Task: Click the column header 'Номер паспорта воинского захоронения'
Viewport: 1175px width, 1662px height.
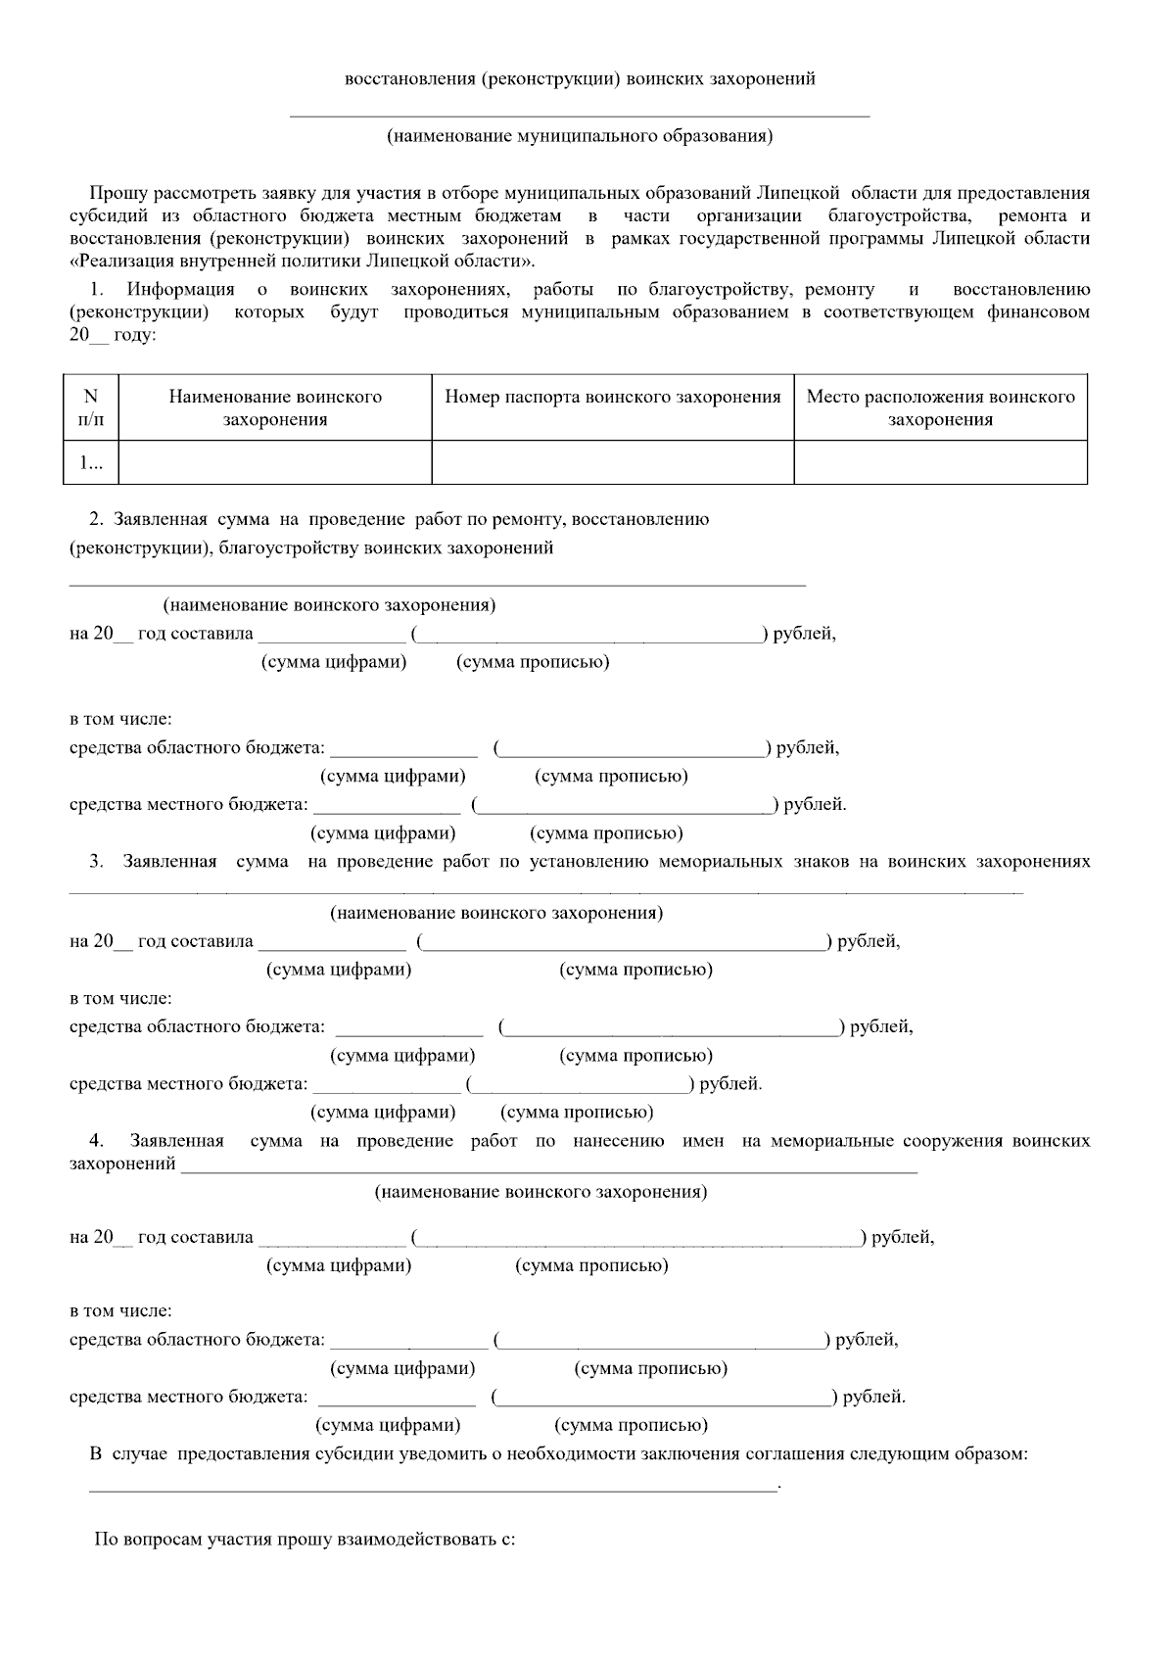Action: coord(612,397)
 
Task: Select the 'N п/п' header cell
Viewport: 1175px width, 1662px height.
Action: coord(91,408)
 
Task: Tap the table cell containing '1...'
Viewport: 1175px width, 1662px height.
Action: coord(91,462)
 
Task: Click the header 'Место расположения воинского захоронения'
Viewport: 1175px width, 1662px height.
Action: coord(940,408)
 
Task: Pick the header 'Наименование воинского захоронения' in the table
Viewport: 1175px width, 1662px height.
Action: coord(275,408)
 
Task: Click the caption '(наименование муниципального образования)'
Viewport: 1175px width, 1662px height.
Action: coord(580,136)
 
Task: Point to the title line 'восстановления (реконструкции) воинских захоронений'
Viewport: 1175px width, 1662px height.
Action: coord(580,79)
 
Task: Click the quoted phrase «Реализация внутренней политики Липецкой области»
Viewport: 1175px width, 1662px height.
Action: coord(304,261)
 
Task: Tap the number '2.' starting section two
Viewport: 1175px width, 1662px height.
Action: coord(97,519)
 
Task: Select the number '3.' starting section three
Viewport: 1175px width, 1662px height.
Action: coord(97,862)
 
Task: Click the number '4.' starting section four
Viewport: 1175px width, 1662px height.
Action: coord(97,1141)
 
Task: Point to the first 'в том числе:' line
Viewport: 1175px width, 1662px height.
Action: coord(120,720)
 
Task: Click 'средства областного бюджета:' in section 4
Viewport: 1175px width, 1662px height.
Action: coord(197,1340)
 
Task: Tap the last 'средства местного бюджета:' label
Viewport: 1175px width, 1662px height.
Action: coord(188,1398)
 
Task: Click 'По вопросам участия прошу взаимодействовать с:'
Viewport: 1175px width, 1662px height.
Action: coord(305,1540)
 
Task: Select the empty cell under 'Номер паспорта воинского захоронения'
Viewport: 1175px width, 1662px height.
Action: coord(612,462)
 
